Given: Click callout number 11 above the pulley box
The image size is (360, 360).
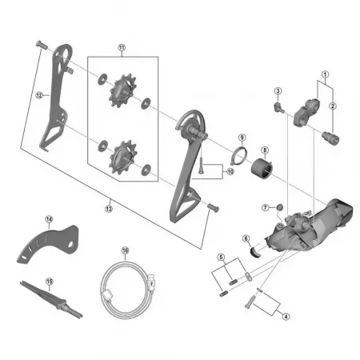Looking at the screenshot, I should tap(122, 47).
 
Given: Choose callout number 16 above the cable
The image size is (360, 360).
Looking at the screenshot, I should tap(125, 250).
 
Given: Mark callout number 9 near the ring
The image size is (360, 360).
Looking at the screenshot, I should tap(241, 138).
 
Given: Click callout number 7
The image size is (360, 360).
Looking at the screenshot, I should tap(265, 208).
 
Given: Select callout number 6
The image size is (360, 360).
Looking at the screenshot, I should tap(247, 237).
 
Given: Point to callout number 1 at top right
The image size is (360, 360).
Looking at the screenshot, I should tap(325, 74).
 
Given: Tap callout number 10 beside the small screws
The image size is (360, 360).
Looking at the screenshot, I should tap(230, 171).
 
